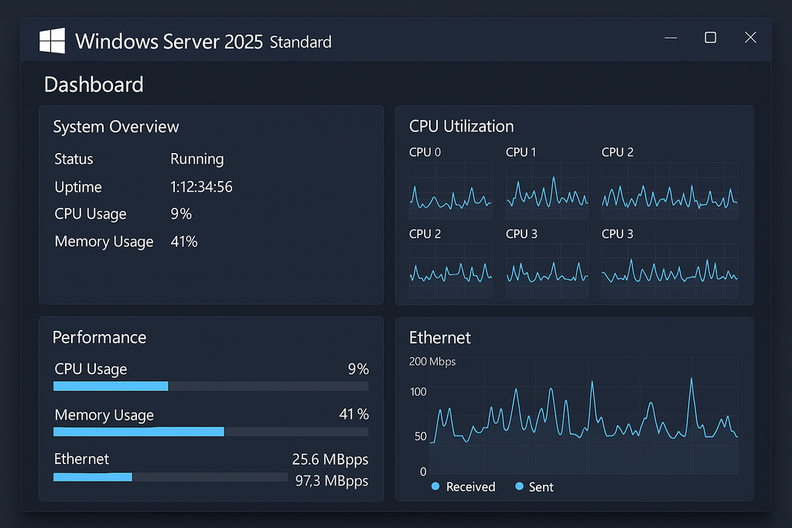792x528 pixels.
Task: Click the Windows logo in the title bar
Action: click(52, 40)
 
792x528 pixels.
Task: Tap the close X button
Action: click(749, 37)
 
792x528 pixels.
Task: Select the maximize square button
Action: click(710, 37)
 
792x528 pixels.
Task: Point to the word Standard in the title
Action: click(300, 42)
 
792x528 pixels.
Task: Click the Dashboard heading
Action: click(94, 84)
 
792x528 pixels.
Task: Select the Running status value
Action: click(196, 159)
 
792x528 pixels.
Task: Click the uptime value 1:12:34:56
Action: click(201, 187)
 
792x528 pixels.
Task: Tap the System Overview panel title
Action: click(116, 127)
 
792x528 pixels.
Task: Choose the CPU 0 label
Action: click(425, 152)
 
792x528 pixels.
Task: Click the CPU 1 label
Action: click(521, 152)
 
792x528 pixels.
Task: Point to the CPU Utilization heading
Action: click(461, 126)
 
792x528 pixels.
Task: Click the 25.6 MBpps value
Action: click(330, 459)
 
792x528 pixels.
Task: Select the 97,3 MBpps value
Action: click(332, 481)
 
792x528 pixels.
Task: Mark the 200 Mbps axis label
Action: click(432, 362)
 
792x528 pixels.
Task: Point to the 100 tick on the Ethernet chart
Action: click(418, 392)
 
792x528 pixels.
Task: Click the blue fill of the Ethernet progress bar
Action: click(93, 477)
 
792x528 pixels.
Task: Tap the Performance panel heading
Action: click(99, 337)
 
